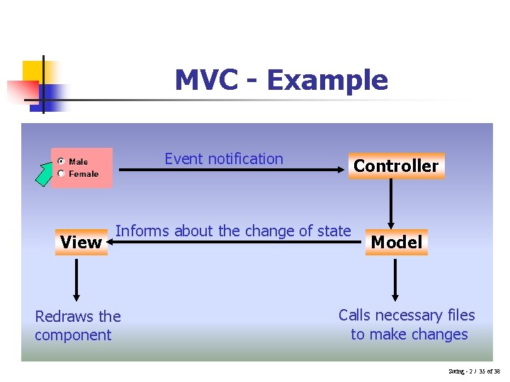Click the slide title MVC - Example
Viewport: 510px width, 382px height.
pyautogui.click(x=281, y=80)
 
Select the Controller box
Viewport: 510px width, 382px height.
pyautogui.click(x=396, y=166)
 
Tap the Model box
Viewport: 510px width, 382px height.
pyautogui.click(x=396, y=242)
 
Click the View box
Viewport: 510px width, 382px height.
pyautogui.click(x=81, y=242)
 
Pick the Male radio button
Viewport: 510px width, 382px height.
pyautogui.click(x=62, y=161)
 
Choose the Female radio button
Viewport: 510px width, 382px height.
pyautogui.click(x=62, y=173)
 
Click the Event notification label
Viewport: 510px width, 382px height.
pyautogui.click(x=224, y=158)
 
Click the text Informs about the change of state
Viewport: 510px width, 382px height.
pyautogui.click(x=233, y=231)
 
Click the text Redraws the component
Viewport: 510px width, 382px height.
pyautogui.click(x=78, y=325)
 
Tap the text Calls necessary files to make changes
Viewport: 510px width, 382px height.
pyautogui.click(x=407, y=325)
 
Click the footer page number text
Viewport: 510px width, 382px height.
pyautogui.click(x=474, y=371)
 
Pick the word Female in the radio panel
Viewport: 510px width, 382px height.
pyautogui.click(x=84, y=174)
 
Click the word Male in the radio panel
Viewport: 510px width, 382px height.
pyautogui.click(x=79, y=162)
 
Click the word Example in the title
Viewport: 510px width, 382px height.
pyautogui.click(x=327, y=80)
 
